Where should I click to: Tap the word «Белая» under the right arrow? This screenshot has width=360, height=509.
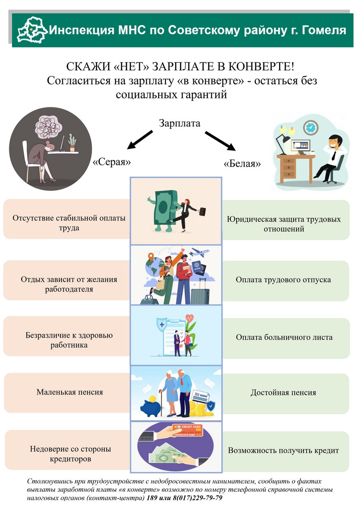[x=242, y=163]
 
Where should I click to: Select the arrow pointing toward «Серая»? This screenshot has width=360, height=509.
[x=140, y=140]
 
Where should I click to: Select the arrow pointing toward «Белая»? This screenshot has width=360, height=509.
[x=220, y=141]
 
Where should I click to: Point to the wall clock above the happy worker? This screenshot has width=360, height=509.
[x=310, y=127]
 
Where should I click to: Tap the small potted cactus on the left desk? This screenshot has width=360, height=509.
[x=72, y=142]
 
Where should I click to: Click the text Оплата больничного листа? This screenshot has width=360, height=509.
[x=284, y=338]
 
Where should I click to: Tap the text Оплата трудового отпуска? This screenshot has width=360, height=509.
[x=283, y=280]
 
